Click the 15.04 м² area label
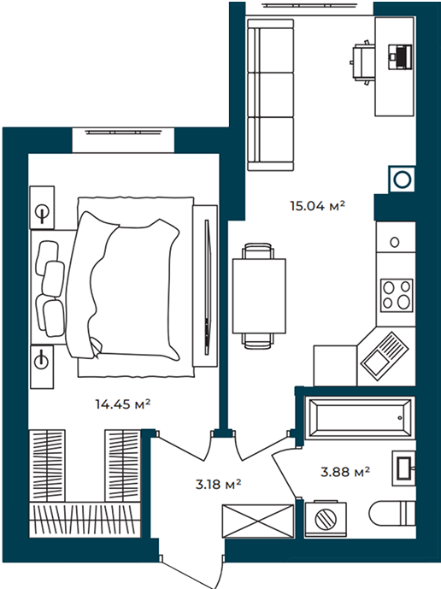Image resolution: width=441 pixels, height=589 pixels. pyautogui.click(x=317, y=206)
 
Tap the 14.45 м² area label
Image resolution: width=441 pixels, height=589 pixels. pyautogui.click(x=123, y=404)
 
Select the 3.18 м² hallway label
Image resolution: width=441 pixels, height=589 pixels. pyautogui.click(x=218, y=484)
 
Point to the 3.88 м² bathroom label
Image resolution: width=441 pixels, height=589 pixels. pyautogui.click(x=345, y=471)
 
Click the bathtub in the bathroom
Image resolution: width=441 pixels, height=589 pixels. pyautogui.click(x=361, y=418)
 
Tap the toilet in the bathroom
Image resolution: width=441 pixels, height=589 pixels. pyautogui.click(x=392, y=513)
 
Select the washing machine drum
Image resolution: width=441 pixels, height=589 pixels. pyautogui.click(x=326, y=519)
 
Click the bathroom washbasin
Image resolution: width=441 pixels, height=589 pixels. pyautogui.click(x=403, y=468)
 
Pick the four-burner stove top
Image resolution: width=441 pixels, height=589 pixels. pyautogui.click(x=397, y=295)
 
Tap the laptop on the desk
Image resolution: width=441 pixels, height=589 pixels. pyautogui.click(x=400, y=56)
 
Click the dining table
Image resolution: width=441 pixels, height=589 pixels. pyautogui.click(x=259, y=296)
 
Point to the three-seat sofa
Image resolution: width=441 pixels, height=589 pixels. pyautogui.click(x=270, y=95)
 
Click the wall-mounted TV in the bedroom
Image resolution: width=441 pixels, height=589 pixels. pyautogui.click(x=207, y=286)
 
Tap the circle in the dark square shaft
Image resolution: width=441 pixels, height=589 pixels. pyautogui.click(x=403, y=180)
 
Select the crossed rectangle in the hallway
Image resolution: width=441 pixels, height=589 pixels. pyautogui.click(x=258, y=521)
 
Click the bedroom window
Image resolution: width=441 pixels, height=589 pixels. pyautogui.click(x=123, y=139)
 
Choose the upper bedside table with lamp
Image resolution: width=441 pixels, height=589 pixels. pyautogui.click(x=42, y=208)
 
